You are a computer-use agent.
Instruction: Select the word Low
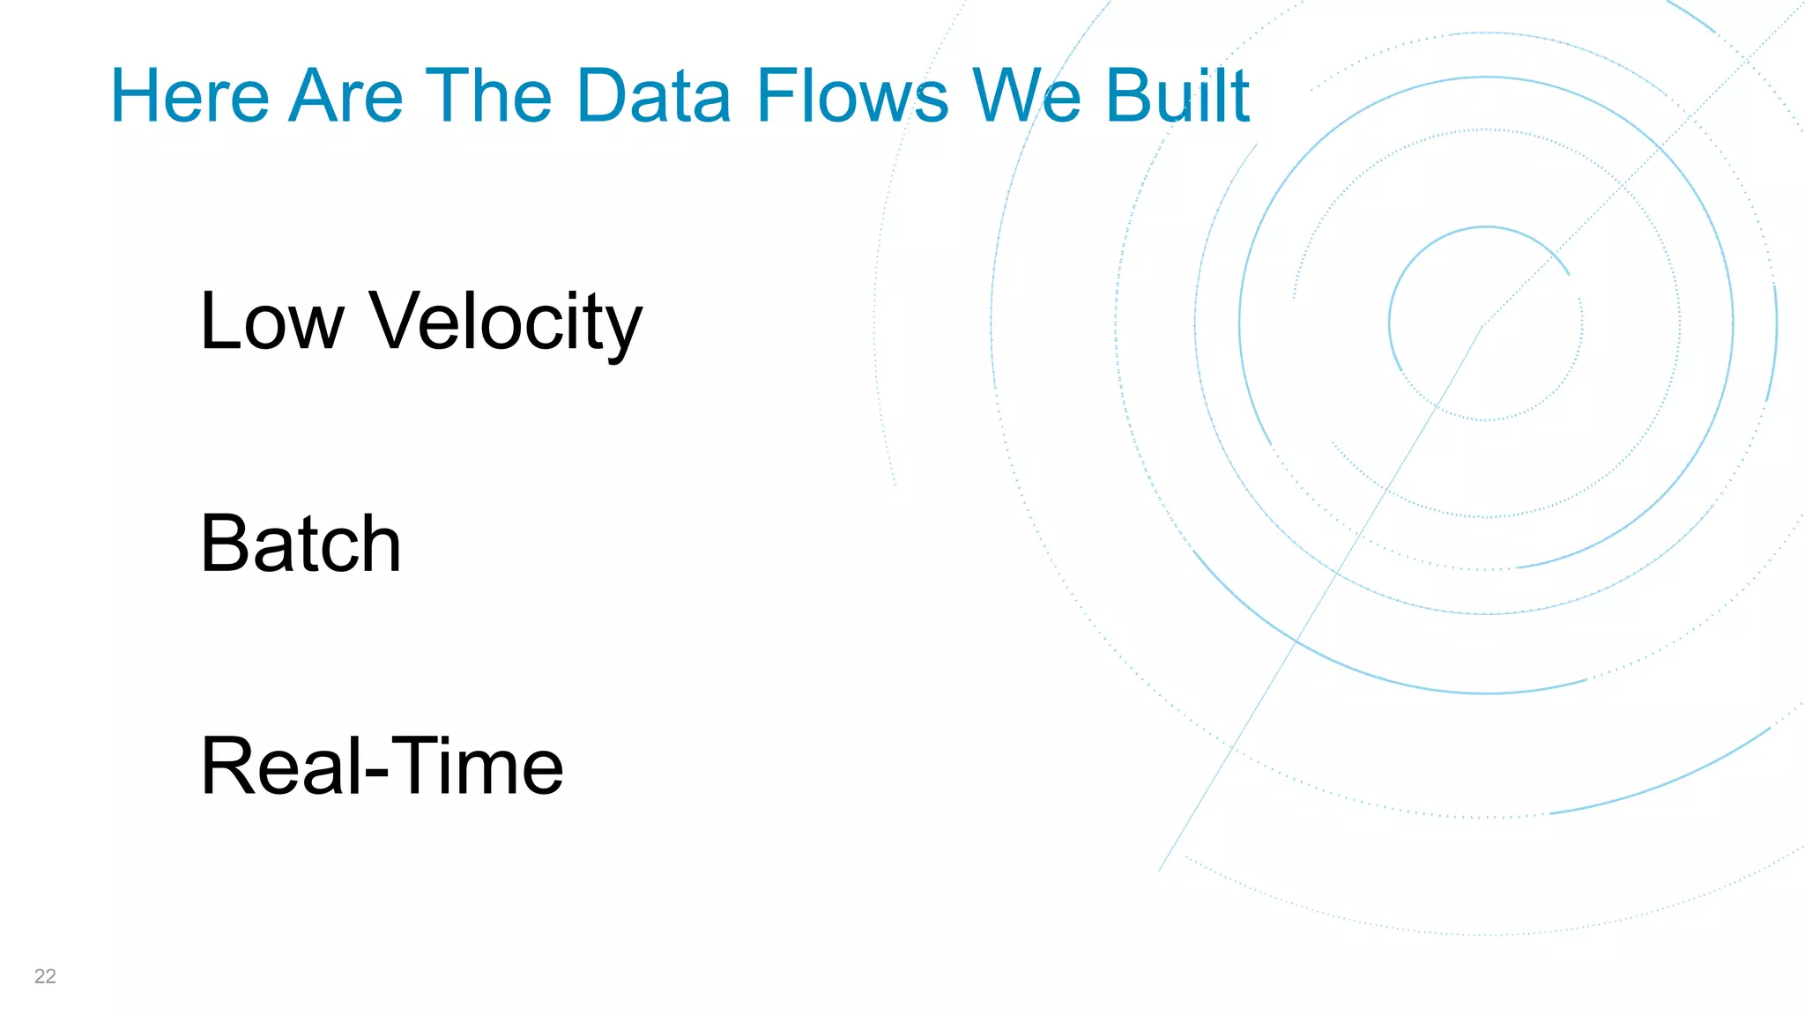271,322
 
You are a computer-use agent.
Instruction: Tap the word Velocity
506,323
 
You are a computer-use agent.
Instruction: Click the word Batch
301,544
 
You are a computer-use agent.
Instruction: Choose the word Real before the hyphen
280,766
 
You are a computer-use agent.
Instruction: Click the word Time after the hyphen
477,766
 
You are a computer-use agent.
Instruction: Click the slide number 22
45,976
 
